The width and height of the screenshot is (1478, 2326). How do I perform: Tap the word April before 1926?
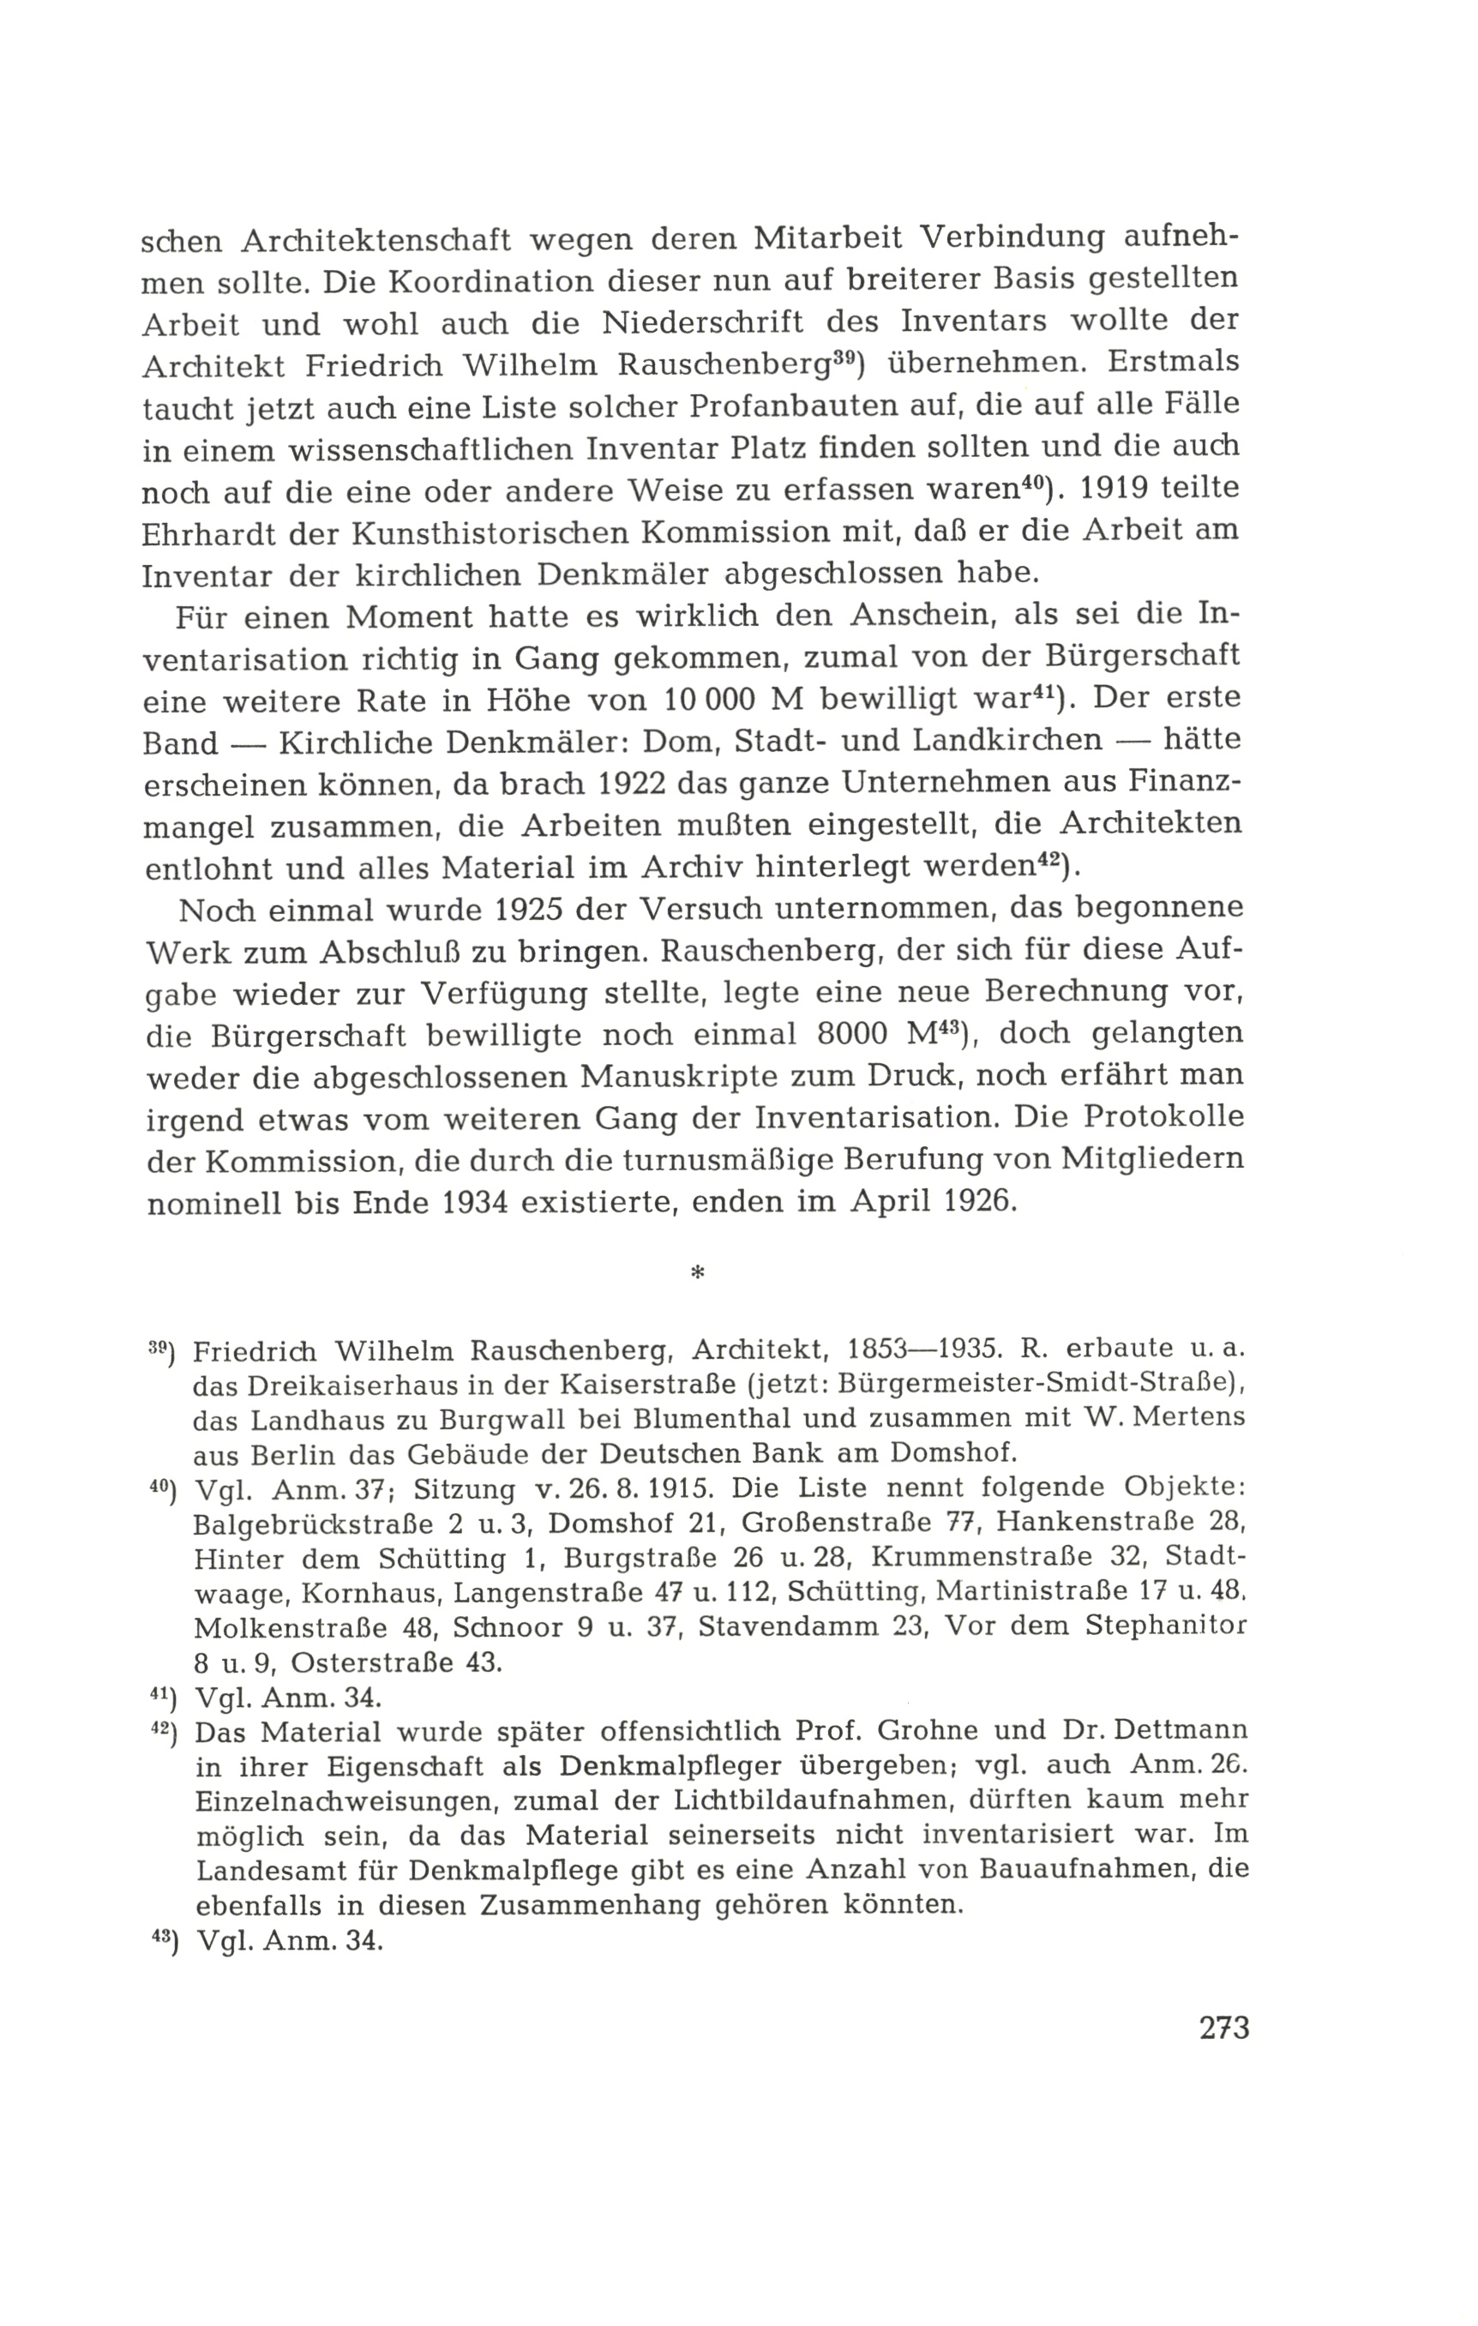click(892, 1205)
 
